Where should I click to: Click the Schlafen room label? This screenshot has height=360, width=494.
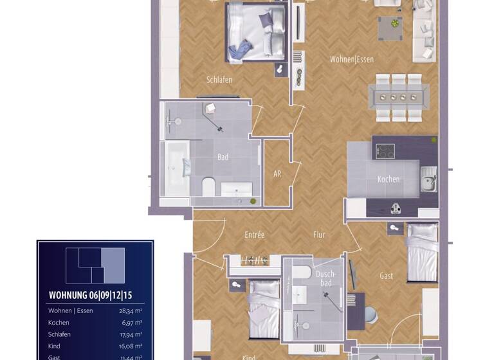click(219, 80)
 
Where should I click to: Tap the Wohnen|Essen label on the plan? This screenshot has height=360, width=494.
click(352, 59)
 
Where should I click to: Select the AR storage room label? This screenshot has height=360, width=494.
click(277, 174)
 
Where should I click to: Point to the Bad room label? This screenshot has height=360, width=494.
click(223, 157)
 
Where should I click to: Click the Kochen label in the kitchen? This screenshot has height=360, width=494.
click(389, 179)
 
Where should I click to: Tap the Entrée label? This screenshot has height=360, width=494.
click(254, 235)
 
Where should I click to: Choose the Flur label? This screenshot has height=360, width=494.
click(319, 235)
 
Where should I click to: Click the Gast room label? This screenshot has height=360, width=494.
click(386, 276)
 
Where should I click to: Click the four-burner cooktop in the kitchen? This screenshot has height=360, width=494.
click(385, 151)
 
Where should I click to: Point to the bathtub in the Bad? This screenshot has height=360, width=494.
click(176, 169)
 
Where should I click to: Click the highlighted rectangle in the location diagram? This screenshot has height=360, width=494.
click(113, 265)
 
